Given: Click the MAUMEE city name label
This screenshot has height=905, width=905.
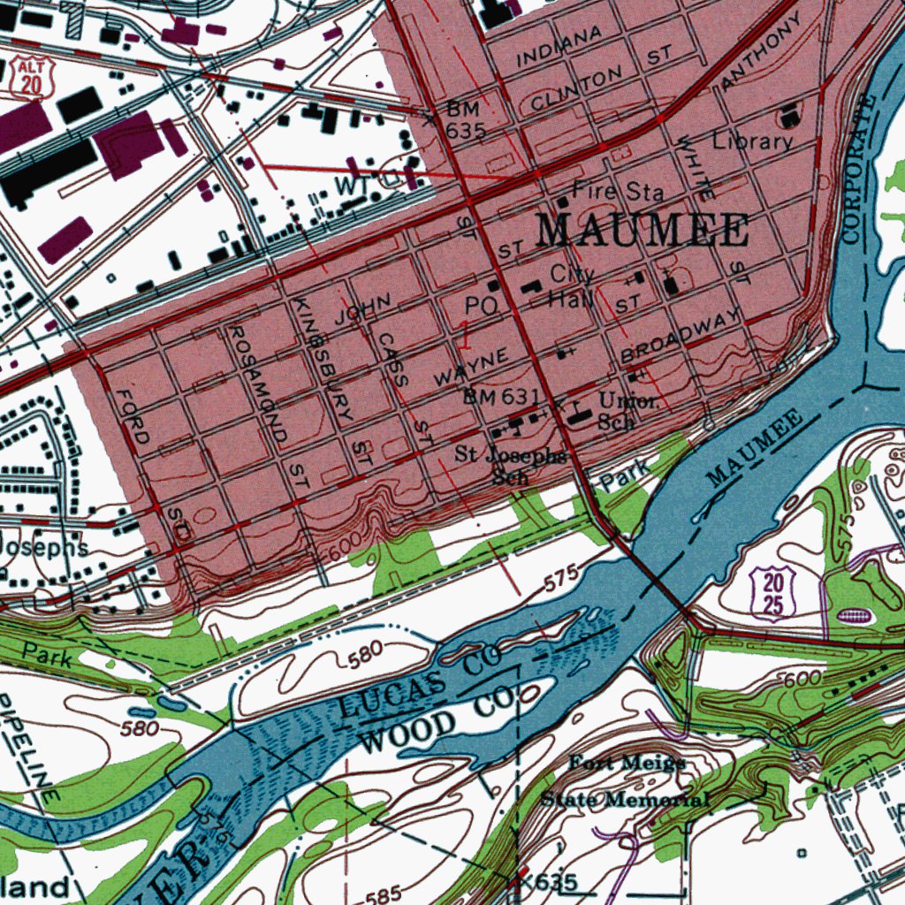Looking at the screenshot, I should pos(643,232).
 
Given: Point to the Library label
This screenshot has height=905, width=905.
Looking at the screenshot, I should pos(753,141).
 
